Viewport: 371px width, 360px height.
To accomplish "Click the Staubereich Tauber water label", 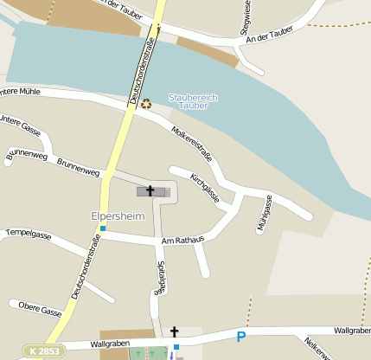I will coord(193,102).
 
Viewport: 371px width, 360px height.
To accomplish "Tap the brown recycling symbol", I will coord(146,104).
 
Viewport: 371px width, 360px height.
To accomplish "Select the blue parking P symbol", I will coord(241,337).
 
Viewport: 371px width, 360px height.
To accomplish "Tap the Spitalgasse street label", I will coord(159,279).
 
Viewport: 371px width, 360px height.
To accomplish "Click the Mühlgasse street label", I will coord(264,214).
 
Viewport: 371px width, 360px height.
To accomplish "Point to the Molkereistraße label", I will coord(191,141).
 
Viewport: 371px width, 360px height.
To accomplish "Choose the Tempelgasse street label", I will coord(29,234).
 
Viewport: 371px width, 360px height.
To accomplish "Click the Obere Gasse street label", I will coord(40,309).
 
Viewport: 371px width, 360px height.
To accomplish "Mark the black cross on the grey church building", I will coord(150,190).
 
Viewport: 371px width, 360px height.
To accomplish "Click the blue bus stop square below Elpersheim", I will coord(103,228).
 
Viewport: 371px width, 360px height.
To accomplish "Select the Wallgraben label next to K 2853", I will coord(109,344).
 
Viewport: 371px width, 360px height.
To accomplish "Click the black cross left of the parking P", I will coord(174,331).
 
